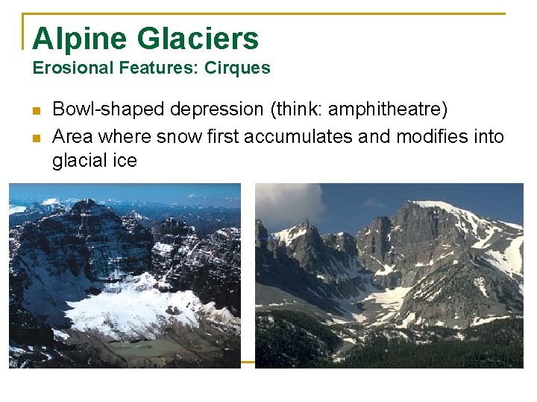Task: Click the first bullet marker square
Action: click(35, 112)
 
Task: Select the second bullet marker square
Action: click(35, 138)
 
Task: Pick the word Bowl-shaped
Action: click(108, 110)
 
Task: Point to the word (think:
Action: click(295, 110)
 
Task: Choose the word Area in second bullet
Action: click(72, 137)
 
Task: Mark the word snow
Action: click(172, 137)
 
